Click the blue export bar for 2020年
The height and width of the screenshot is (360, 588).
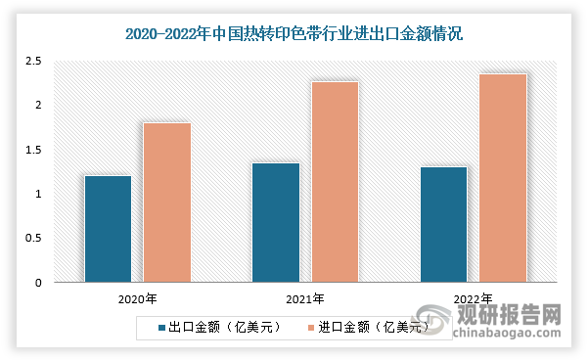click(x=108, y=230)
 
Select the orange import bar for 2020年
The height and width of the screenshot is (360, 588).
click(x=167, y=202)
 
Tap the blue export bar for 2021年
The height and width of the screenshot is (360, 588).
click(x=276, y=223)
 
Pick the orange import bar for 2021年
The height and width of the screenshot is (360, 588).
click(x=335, y=182)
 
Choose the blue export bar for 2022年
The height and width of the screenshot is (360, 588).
click(x=443, y=225)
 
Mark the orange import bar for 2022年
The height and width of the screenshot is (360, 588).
click(x=503, y=178)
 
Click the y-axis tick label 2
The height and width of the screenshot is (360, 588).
click(x=38, y=106)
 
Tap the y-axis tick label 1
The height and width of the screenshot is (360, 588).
click(x=38, y=194)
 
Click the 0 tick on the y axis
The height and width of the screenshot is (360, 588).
click(x=38, y=283)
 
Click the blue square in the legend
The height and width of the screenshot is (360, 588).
click(x=161, y=328)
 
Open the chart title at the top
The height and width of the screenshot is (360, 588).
click(x=294, y=33)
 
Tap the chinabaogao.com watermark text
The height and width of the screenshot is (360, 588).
click(x=508, y=337)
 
